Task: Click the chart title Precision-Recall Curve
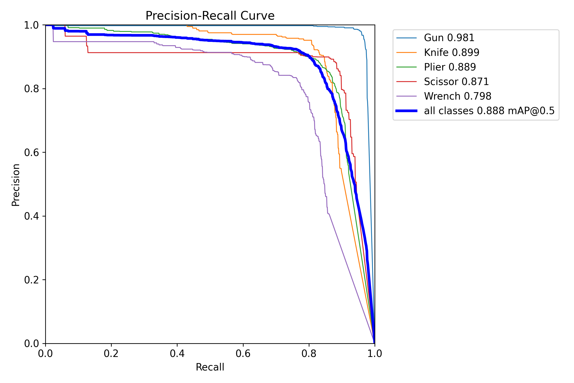click(210, 16)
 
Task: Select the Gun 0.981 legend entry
click(449, 38)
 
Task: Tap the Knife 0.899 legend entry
click(452, 52)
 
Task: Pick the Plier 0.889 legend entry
click(450, 67)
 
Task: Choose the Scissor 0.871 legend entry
click(456, 81)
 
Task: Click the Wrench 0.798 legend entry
click(457, 96)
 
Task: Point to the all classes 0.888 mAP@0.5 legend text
click(489, 111)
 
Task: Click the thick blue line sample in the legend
click(406, 111)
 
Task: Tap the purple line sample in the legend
click(406, 96)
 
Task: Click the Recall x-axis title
click(210, 367)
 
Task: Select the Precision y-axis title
click(16, 185)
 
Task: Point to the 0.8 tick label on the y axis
click(31, 89)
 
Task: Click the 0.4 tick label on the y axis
click(31, 216)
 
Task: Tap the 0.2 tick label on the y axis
click(31, 280)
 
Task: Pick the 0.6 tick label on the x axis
click(243, 354)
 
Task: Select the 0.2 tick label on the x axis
click(111, 354)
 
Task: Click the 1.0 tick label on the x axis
click(375, 354)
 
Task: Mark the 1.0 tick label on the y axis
click(31, 25)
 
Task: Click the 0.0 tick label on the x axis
click(45, 354)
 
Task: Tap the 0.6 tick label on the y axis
click(31, 152)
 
